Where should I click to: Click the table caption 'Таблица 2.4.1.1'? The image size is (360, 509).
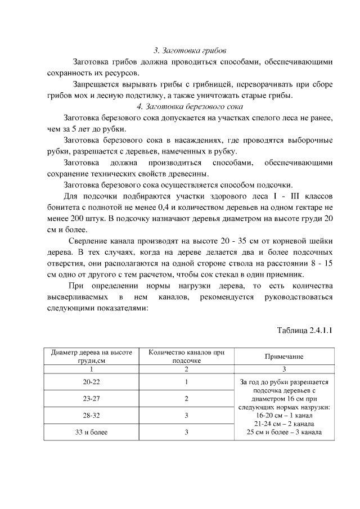point(304,330)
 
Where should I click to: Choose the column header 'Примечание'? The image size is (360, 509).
point(284,357)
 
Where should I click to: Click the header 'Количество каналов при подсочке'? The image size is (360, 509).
point(186,357)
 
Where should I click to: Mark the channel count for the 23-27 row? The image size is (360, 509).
point(186,399)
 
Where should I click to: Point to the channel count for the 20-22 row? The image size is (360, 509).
point(186,382)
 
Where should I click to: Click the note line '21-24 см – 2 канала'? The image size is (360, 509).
point(284,424)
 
